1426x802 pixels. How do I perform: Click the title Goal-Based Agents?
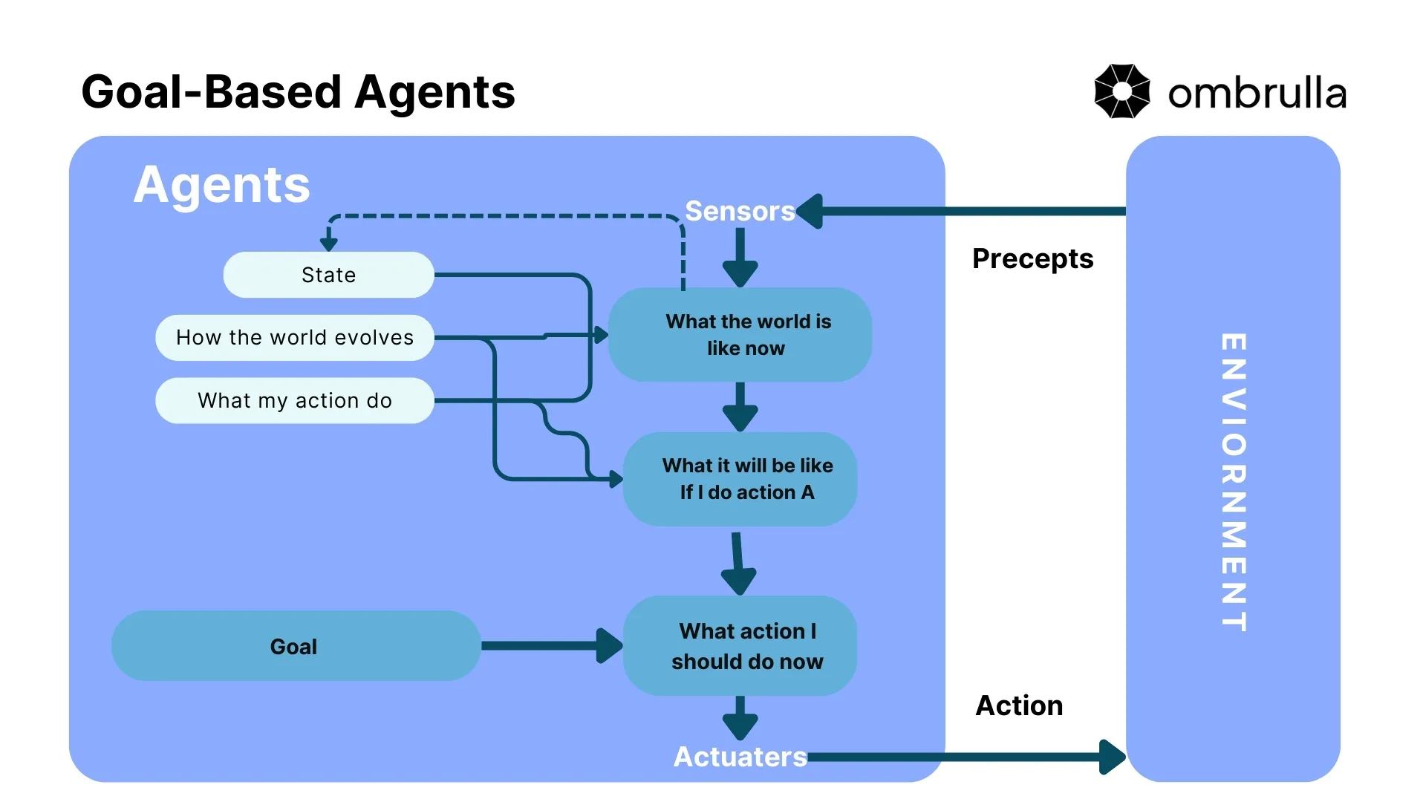coord(298,92)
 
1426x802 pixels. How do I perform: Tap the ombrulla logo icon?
coord(1121,91)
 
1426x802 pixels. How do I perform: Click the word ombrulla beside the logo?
coord(1257,94)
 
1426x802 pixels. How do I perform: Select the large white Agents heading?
coord(221,184)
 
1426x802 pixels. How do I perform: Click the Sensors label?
coord(739,211)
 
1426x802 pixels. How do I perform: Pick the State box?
coord(328,275)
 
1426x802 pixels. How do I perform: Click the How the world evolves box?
coord(294,337)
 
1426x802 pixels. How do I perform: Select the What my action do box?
coord(294,400)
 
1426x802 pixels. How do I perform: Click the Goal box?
coord(295,646)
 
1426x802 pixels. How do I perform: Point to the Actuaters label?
coord(739,757)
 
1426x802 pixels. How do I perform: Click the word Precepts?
coord(1032,258)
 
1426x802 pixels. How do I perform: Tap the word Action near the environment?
coord(1018,705)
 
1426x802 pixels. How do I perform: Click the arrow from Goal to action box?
coord(550,645)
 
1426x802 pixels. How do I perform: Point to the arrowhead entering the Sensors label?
coord(810,211)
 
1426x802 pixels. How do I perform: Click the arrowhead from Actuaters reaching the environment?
coord(1112,757)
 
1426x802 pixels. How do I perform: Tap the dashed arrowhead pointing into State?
coord(328,244)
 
